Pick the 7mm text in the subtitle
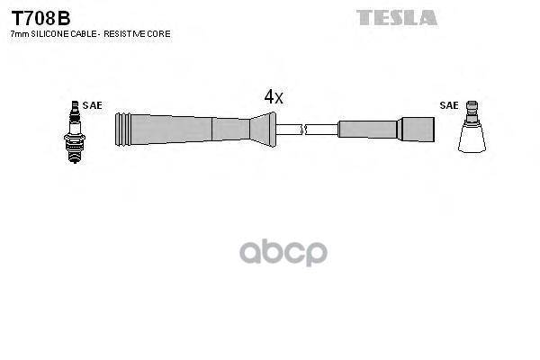[x=17, y=33]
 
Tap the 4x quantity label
[x=273, y=97]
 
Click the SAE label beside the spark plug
[x=92, y=105]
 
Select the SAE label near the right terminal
[x=448, y=105]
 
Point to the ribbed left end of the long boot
[x=125, y=130]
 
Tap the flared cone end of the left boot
[x=262, y=129]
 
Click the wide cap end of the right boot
[x=416, y=130]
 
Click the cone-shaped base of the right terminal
[x=472, y=138]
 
